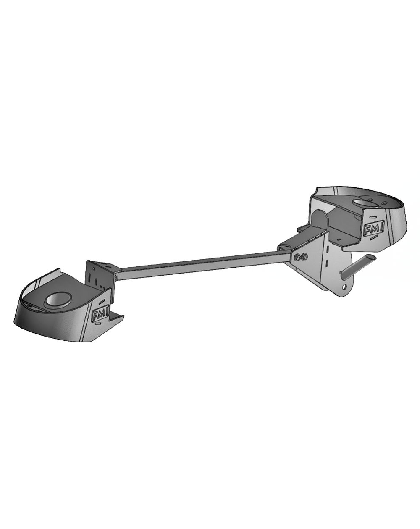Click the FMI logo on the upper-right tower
click(x=373, y=228)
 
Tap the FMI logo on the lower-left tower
click(x=100, y=314)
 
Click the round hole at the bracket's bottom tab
click(x=345, y=286)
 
